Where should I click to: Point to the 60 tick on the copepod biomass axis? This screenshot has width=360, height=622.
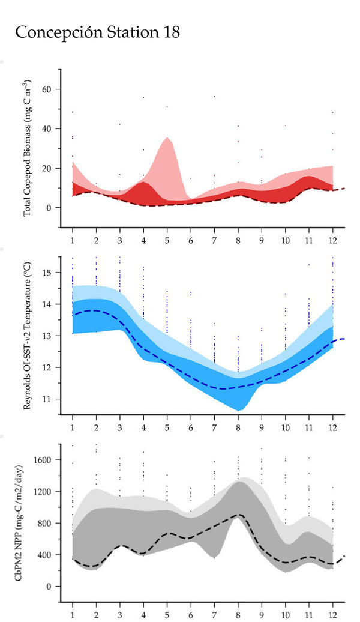(47, 89)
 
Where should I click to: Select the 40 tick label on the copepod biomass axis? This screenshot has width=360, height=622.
(47, 128)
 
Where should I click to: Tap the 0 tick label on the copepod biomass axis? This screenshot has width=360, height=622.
(50, 208)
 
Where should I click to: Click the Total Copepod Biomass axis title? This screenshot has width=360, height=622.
(28, 149)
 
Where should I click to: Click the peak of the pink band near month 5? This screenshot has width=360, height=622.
(167, 138)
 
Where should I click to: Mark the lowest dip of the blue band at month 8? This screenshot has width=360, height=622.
(239, 410)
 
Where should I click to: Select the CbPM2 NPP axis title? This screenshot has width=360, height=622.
(28, 524)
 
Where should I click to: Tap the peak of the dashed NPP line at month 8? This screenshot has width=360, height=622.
(238, 515)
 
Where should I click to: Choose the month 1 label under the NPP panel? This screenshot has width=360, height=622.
(73, 615)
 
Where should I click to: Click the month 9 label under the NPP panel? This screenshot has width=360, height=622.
(262, 615)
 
